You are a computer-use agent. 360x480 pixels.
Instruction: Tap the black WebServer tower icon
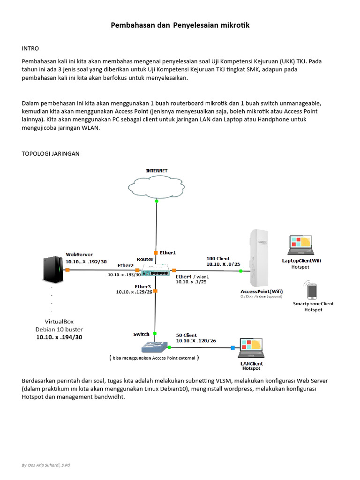(x=52, y=270)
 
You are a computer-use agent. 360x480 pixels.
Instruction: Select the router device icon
(x=156, y=270)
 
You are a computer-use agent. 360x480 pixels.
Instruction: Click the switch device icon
(x=155, y=347)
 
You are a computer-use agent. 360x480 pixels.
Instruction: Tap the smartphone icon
(x=312, y=291)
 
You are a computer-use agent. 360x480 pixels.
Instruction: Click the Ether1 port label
(x=168, y=253)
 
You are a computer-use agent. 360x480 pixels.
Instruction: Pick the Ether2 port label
(x=126, y=266)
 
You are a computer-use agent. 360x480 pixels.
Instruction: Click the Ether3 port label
(x=142, y=286)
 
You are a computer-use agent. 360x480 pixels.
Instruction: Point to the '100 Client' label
(x=218, y=258)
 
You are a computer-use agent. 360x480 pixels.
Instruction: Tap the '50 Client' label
(x=186, y=335)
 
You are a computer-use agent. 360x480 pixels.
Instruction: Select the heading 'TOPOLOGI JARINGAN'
(x=51, y=153)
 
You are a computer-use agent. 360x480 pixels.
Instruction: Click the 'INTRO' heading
(x=30, y=48)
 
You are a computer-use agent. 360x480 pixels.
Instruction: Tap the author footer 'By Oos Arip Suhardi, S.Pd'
(x=46, y=465)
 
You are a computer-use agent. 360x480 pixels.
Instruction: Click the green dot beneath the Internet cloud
(x=156, y=201)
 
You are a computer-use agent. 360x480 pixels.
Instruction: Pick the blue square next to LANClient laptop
(x=232, y=348)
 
